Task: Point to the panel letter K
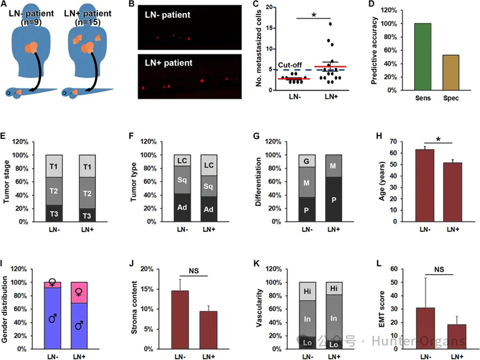tap(257, 263)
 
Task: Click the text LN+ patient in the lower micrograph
tap(166, 64)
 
